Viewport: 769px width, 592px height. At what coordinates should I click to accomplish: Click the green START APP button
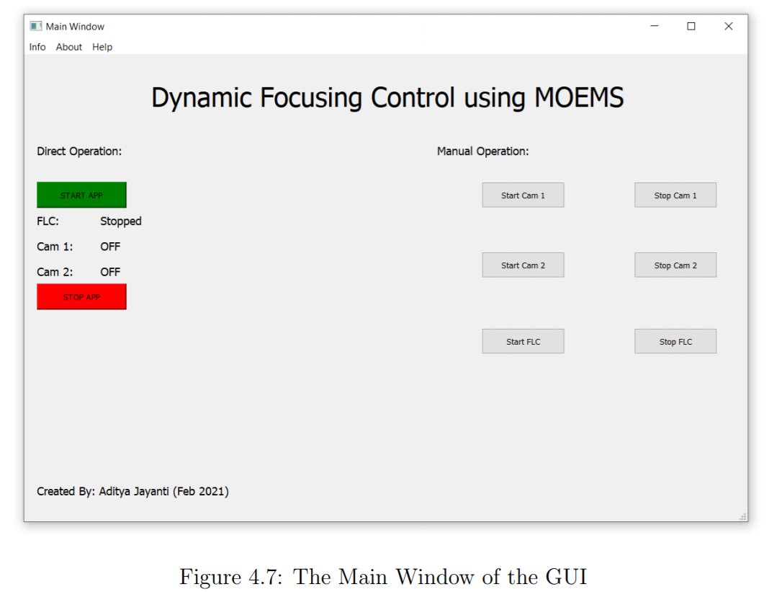81,195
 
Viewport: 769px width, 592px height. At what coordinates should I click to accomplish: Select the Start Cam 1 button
523,195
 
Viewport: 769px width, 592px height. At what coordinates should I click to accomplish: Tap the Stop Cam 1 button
675,195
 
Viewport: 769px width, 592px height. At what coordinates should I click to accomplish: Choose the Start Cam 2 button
523,265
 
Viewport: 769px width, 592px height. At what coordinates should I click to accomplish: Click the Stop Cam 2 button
675,265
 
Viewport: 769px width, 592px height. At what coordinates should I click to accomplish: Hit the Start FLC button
523,341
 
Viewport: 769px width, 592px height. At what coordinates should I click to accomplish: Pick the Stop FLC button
675,341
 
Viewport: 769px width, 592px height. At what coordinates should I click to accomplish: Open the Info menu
37,47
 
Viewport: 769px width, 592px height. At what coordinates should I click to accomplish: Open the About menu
69,47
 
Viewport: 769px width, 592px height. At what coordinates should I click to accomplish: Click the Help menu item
102,47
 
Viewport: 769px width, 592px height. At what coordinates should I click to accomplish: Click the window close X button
728,26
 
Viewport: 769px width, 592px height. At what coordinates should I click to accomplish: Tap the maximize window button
691,26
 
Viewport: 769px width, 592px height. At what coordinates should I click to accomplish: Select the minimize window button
655,26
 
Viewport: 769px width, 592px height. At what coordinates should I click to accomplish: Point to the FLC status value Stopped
121,221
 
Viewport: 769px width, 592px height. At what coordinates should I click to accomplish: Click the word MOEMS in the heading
578,97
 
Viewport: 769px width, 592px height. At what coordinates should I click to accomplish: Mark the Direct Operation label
79,151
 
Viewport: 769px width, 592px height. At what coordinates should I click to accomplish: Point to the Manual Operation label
482,151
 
